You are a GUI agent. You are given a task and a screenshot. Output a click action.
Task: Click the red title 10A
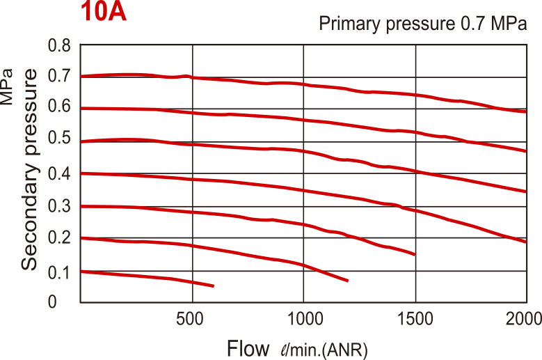click(x=104, y=13)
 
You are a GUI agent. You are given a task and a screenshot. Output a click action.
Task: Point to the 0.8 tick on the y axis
click(x=61, y=47)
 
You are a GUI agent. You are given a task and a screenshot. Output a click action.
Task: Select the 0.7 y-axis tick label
click(x=61, y=75)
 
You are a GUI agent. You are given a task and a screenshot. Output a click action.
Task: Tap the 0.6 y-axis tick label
click(x=61, y=106)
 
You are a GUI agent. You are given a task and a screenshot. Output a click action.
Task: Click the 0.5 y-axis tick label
click(x=61, y=137)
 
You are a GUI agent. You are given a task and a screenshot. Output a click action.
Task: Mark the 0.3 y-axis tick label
click(x=61, y=205)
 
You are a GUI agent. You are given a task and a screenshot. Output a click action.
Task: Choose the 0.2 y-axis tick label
click(x=61, y=237)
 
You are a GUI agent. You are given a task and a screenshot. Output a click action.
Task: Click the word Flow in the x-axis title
click(x=248, y=347)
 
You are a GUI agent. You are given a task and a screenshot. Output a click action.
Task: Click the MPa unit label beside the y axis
click(x=8, y=86)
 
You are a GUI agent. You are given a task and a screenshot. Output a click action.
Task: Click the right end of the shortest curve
click(x=213, y=286)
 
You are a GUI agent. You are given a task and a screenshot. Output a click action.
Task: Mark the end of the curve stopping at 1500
click(x=415, y=254)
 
